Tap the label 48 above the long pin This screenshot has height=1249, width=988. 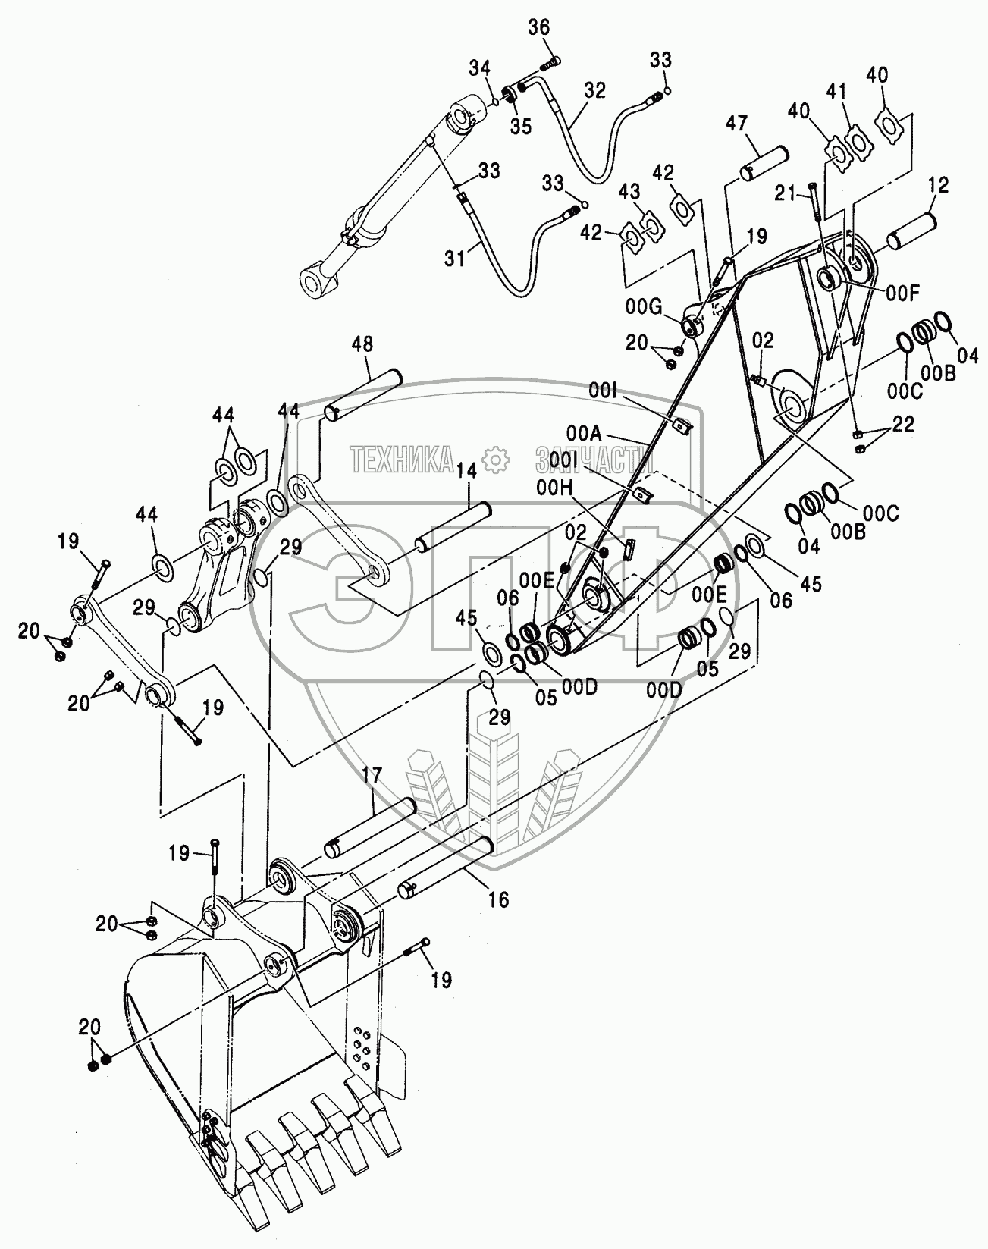tap(362, 345)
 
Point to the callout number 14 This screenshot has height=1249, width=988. tap(467, 471)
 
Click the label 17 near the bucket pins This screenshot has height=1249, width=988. tap(372, 776)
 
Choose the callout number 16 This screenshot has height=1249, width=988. tap(498, 899)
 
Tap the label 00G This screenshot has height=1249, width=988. tap(644, 306)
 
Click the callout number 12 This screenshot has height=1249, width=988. tap(937, 184)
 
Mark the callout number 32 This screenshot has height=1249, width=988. tap(594, 91)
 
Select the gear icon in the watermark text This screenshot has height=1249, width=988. tap(495, 459)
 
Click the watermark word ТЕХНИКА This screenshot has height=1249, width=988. tap(402, 459)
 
